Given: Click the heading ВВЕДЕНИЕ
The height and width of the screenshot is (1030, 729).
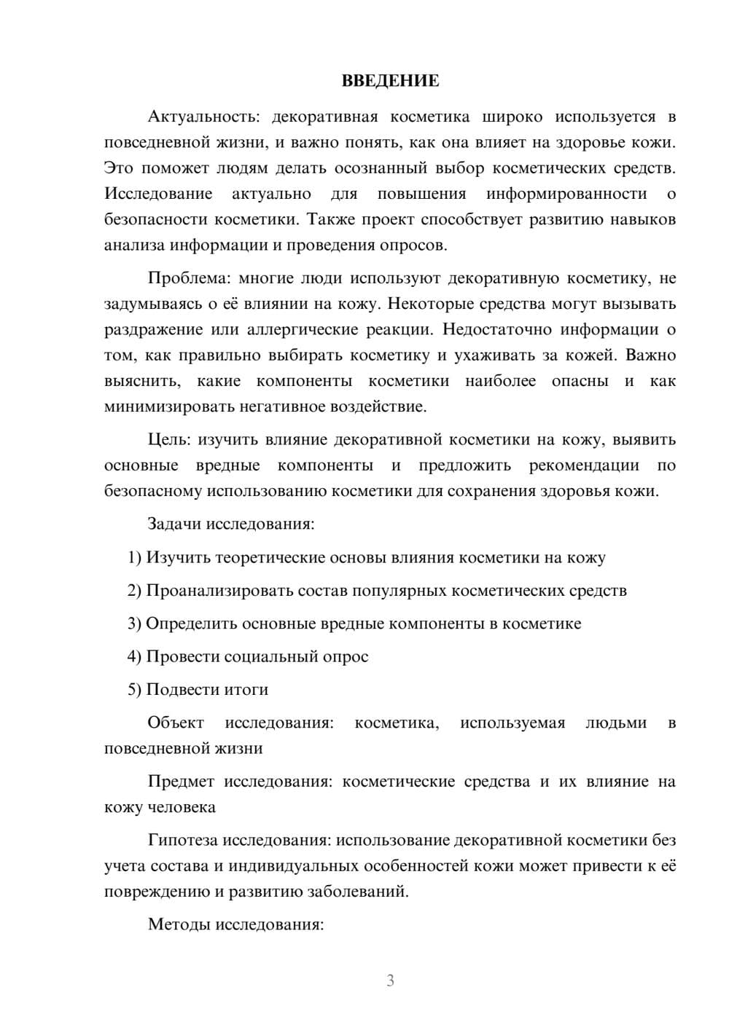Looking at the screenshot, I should click(x=390, y=81).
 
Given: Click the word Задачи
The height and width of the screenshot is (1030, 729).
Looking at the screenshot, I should click(x=175, y=524).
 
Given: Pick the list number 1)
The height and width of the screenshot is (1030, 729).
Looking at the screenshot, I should click(x=134, y=558).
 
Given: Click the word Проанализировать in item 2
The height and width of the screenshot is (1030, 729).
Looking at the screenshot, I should click(x=220, y=591).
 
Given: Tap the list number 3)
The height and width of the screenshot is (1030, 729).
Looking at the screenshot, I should click(x=134, y=624).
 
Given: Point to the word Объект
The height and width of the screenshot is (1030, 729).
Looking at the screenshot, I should click(x=176, y=723).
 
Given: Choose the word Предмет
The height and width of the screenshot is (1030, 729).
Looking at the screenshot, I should click(x=181, y=782).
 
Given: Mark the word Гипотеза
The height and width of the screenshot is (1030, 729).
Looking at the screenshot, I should click(x=182, y=841).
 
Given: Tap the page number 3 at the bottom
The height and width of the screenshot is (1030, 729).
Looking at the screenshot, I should click(x=390, y=981).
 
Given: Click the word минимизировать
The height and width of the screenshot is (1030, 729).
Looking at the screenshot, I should click(x=163, y=407).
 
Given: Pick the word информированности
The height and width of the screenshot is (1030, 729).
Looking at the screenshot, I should click(x=566, y=194).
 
